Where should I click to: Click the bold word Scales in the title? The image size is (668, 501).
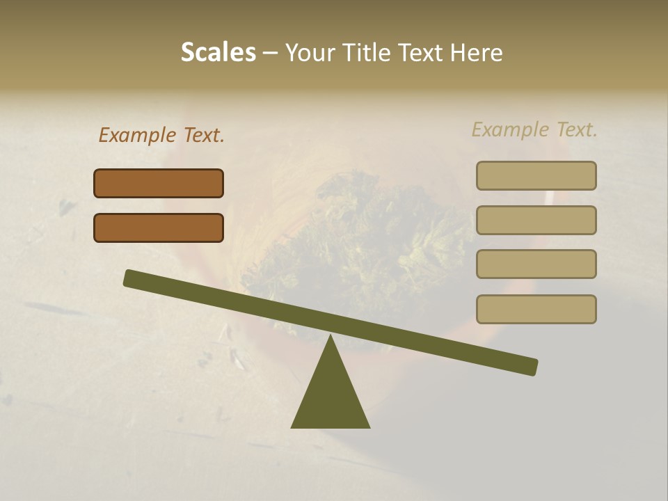point(218,52)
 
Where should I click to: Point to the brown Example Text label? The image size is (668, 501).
point(161,135)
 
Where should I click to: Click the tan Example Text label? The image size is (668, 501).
point(534,129)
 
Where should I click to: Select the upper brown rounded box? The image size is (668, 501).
point(159,183)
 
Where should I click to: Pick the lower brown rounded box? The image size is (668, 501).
point(159,228)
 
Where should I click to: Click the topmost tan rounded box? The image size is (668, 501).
point(536,175)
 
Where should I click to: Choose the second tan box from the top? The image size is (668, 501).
point(536,220)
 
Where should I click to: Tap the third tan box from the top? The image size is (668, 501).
point(536,264)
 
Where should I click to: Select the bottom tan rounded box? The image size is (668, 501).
point(536,309)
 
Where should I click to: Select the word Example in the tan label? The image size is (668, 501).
point(510,129)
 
